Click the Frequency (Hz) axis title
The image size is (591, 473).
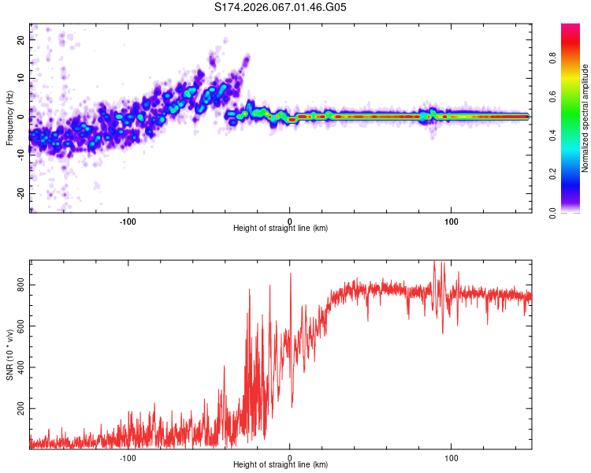click(x=9, y=117)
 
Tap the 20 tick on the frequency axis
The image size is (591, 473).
click(x=21, y=41)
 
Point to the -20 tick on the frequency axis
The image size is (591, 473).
click(x=21, y=193)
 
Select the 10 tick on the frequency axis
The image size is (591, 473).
click(x=21, y=79)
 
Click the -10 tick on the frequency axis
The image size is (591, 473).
click(x=21, y=155)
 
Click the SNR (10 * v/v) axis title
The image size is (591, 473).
click(x=9, y=354)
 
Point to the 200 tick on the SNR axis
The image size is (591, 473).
click(x=21, y=410)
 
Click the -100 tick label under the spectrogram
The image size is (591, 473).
click(x=128, y=221)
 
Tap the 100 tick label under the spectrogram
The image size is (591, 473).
click(x=452, y=221)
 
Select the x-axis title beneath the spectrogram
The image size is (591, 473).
click(x=281, y=229)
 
